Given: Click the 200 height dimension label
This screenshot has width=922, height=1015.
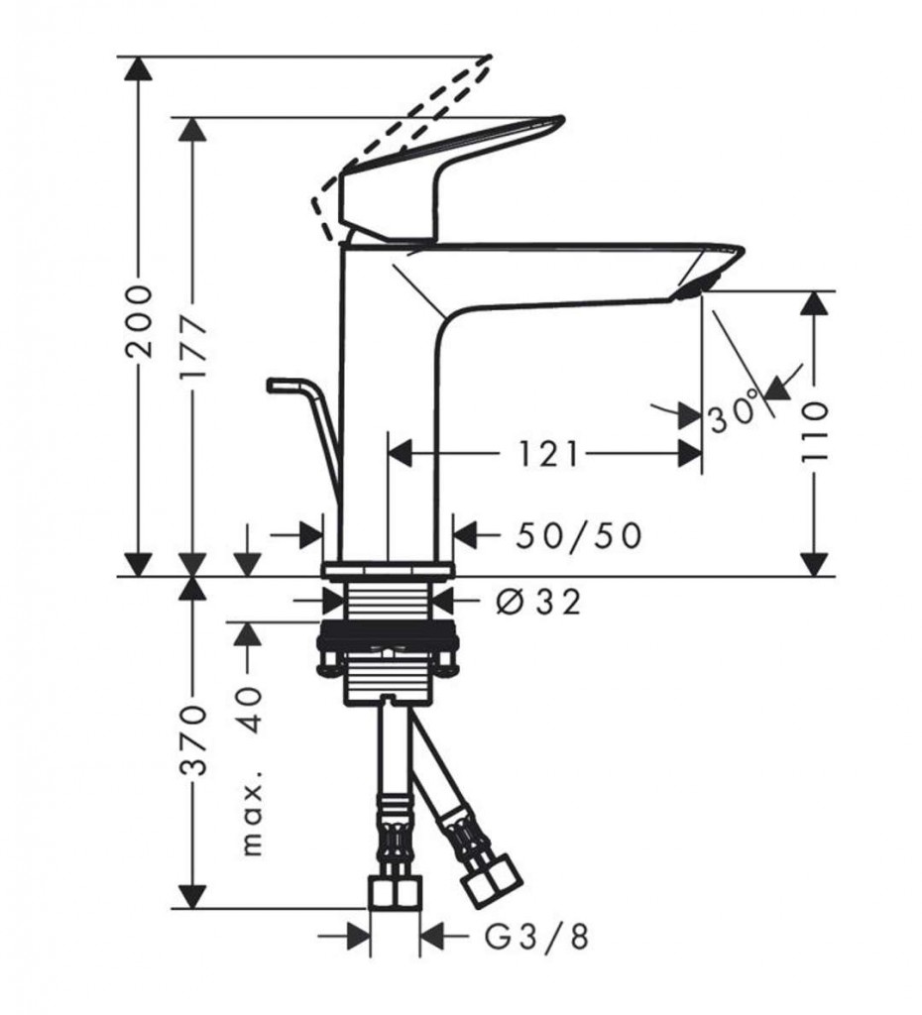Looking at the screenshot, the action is point(140,321).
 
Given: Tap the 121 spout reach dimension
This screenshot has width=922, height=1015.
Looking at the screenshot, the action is point(548,454).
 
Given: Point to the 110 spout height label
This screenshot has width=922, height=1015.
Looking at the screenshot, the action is point(815,432).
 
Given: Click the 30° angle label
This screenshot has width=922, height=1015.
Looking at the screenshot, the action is point(733,413).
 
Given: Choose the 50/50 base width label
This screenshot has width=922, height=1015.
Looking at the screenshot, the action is point(579,535).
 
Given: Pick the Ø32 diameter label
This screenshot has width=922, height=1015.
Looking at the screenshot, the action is point(538,603).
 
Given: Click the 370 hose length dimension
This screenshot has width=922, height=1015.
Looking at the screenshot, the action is point(194,740).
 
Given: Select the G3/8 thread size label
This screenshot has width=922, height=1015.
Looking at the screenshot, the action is point(537,936).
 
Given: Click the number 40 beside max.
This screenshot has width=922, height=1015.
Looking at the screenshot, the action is point(251,710).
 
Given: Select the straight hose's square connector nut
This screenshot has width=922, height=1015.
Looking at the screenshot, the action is point(395,892).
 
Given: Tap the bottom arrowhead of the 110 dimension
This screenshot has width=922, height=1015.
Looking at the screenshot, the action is point(814,563).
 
